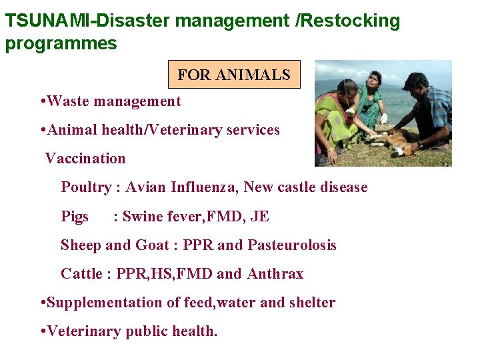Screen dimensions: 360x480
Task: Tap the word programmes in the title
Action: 61,44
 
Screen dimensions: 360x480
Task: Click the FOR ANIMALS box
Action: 234,75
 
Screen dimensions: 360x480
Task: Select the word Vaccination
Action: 85,159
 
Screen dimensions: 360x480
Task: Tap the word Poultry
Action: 86,187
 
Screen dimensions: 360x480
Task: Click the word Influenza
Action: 204,187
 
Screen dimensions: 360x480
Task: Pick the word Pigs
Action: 75,216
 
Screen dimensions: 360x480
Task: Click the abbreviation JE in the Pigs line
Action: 260,216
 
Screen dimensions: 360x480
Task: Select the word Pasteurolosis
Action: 292,245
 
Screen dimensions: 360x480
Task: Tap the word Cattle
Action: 81,274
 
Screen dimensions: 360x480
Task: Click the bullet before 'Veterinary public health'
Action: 43,331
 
